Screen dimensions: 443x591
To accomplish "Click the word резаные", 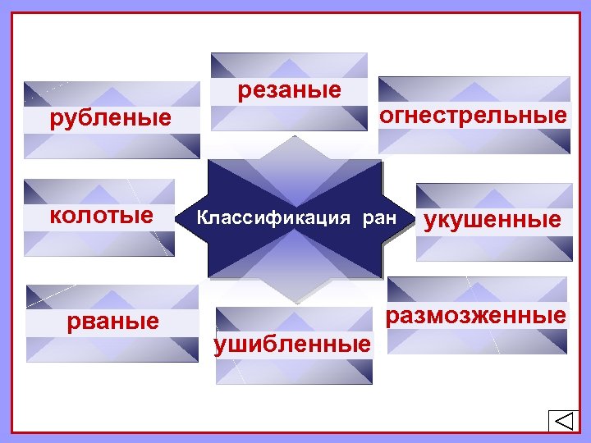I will (289, 90).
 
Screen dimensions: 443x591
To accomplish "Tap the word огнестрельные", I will (472, 116).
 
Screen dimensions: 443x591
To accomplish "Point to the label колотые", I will (101, 216).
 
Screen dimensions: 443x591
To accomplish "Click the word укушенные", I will (492, 220).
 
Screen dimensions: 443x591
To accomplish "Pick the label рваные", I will (112, 320).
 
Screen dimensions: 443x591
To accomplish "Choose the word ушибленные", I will (291, 345).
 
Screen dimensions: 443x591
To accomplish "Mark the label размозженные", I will (479, 315).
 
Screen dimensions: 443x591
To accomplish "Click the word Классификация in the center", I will (263, 219).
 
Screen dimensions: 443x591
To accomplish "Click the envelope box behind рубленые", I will (112, 144).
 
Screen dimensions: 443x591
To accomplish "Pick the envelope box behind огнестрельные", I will (474, 139).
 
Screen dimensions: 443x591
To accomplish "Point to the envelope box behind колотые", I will (99, 242).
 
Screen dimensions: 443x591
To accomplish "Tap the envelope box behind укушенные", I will (493, 246).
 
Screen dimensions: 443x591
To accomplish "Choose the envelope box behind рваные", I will (112, 348).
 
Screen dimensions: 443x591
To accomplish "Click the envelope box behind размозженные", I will (477, 341).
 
